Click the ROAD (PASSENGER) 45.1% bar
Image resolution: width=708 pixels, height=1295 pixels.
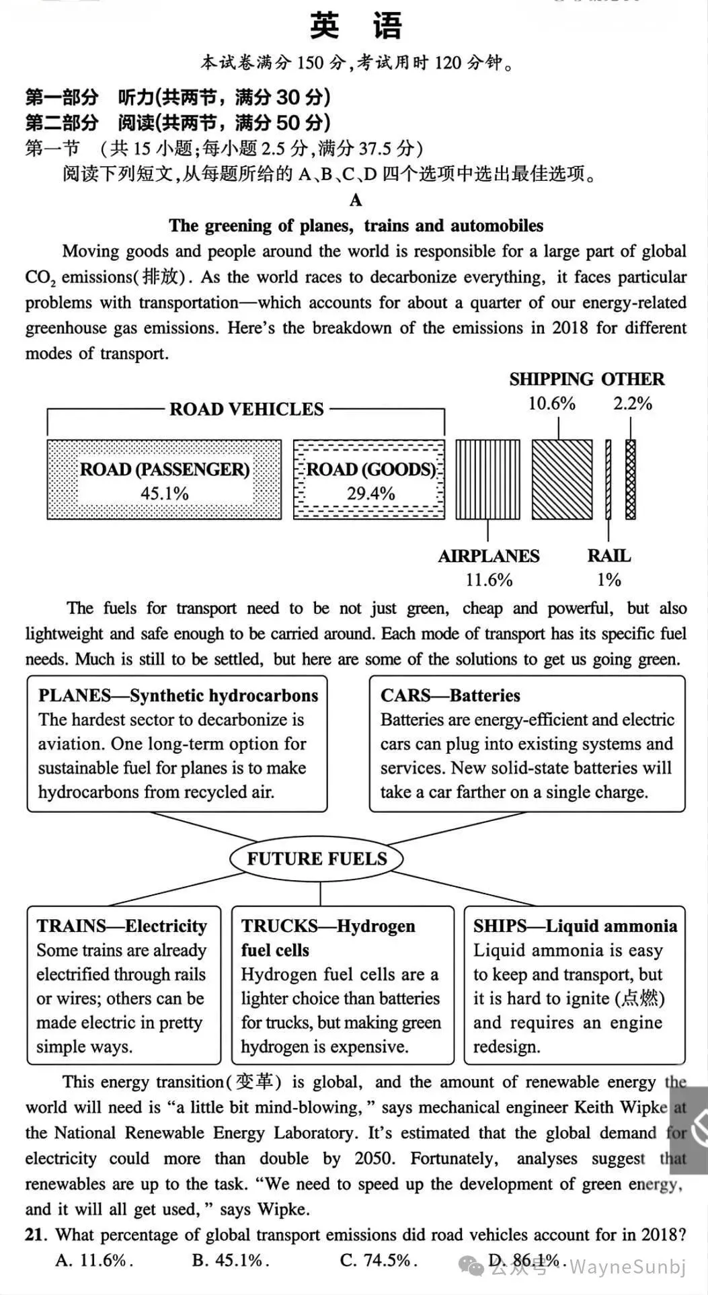coord(164,479)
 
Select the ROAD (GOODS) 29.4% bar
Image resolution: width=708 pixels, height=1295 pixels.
coord(369,479)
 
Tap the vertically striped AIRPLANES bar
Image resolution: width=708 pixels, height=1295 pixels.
coord(487,479)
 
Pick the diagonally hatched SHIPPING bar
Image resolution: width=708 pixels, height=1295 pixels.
coord(562,479)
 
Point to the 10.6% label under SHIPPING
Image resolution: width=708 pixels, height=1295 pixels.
coord(551,403)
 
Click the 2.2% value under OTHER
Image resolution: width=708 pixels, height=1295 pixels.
coord(632,403)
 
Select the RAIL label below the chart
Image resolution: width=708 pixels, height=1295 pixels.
coord(608,556)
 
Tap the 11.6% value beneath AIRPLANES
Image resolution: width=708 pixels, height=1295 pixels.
coord(489,580)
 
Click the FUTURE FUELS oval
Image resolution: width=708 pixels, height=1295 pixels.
coord(317,859)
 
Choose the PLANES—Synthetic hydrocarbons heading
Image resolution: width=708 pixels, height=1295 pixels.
coord(178,695)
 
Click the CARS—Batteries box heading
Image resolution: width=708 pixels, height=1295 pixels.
coord(450,695)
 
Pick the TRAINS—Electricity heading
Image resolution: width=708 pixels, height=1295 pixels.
coord(122,926)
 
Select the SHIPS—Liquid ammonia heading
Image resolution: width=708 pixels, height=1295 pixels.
coord(575,926)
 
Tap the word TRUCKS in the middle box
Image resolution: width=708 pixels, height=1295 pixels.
coord(272,926)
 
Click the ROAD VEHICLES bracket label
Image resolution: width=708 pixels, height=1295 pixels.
coord(246,409)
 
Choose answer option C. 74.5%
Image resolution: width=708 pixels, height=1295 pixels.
coord(378,1260)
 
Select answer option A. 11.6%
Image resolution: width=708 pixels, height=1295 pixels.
coord(94,1260)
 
